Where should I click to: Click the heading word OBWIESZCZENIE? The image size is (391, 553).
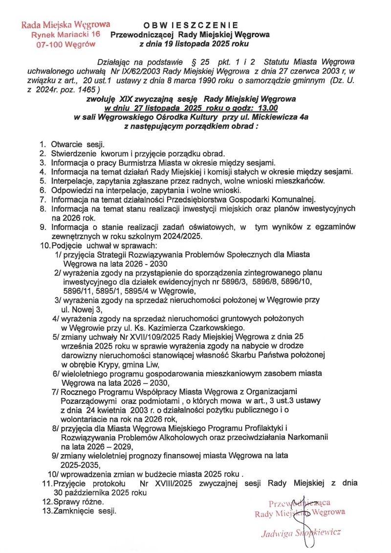(x=190, y=25)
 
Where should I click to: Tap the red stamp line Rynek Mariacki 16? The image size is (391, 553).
(x=65, y=34)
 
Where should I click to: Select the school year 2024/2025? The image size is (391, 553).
(x=183, y=236)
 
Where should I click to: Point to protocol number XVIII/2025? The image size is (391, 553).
(x=165, y=483)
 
